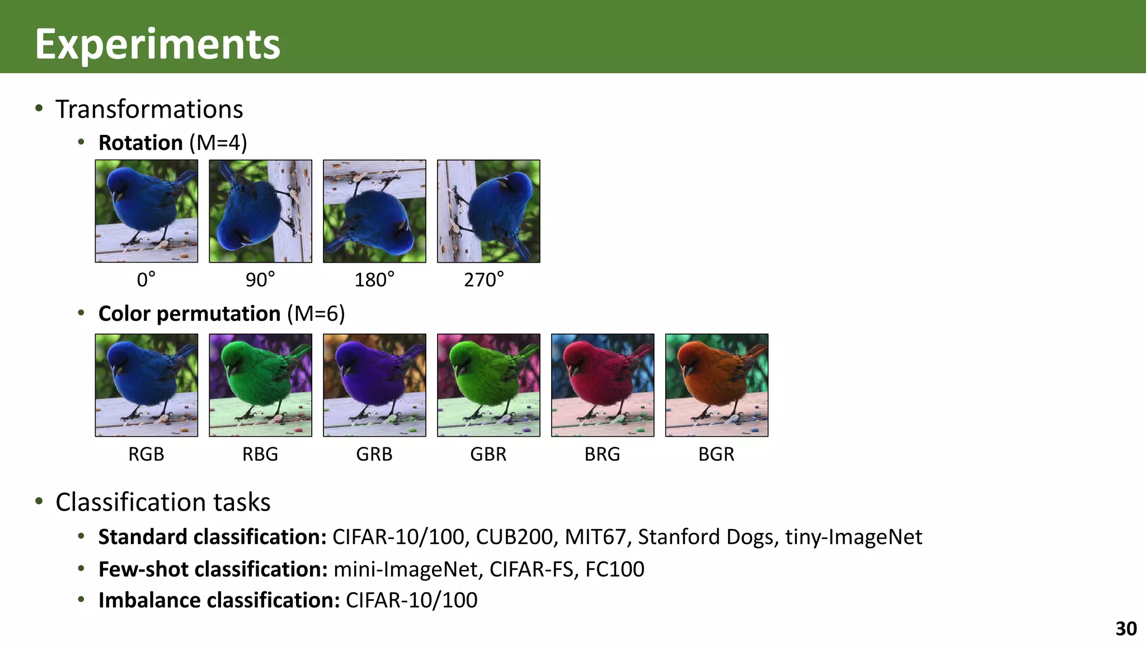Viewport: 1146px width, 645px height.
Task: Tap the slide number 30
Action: coord(1126,629)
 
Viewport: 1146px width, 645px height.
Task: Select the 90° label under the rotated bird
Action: coord(260,279)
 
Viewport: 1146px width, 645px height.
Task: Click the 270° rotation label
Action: coord(483,279)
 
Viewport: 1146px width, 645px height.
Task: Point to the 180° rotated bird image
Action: coord(374,211)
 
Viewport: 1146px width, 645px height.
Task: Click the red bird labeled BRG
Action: coord(603,385)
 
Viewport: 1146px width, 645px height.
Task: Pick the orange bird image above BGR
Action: coord(716,385)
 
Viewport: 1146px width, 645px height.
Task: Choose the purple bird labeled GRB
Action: coord(374,385)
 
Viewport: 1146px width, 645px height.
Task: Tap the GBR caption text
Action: coord(488,454)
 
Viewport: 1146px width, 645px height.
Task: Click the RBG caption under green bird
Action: coord(260,454)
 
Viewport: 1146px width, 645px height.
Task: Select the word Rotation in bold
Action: coord(140,143)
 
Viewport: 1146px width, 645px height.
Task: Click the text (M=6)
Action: coord(316,314)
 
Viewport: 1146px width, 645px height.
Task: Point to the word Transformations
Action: coord(149,109)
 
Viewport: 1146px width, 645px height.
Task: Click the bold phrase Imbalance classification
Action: coord(219,600)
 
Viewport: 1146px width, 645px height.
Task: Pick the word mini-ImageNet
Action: coord(406,569)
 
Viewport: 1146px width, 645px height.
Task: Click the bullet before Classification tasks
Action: coord(39,501)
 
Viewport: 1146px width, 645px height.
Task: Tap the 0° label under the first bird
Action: coord(146,279)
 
